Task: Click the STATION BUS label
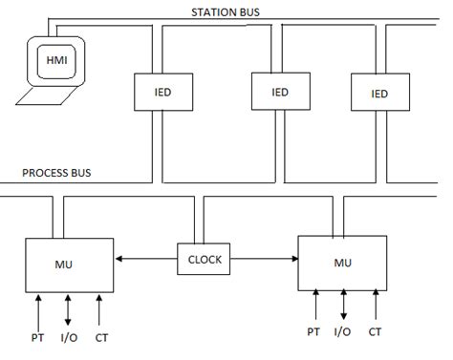(x=229, y=11)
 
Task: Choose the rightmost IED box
(x=379, y=94)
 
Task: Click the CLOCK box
(x=204, y=259)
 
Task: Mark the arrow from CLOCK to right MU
(x=264, y=259)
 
